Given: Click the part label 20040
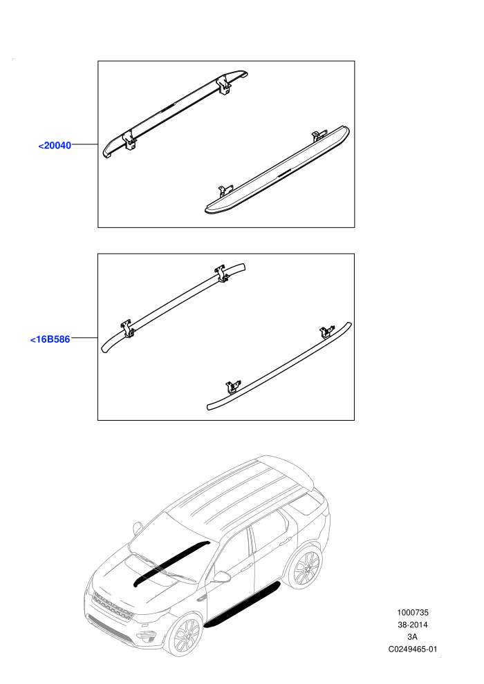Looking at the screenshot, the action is [x=55, y=145].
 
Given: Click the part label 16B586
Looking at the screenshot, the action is [x=50, y=339].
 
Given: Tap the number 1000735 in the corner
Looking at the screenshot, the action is [x=412, y=612].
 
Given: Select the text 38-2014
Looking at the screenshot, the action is [x=412, y=625].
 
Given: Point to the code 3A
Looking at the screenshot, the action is [x=412, y=637].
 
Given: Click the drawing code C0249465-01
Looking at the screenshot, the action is [x=412, y=649].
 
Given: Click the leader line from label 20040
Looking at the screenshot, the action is [x=84, y=144].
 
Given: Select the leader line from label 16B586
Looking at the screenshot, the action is [x=84, y=338].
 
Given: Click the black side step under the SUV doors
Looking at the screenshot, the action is [x=242, y=604].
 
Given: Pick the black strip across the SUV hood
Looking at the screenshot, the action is [x=171, y=562].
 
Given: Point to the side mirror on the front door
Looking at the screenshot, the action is [x=222, y=577].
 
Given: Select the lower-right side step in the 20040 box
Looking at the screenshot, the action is [x=277, y=170].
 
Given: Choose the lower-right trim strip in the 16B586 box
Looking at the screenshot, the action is [x=279, y=365].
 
